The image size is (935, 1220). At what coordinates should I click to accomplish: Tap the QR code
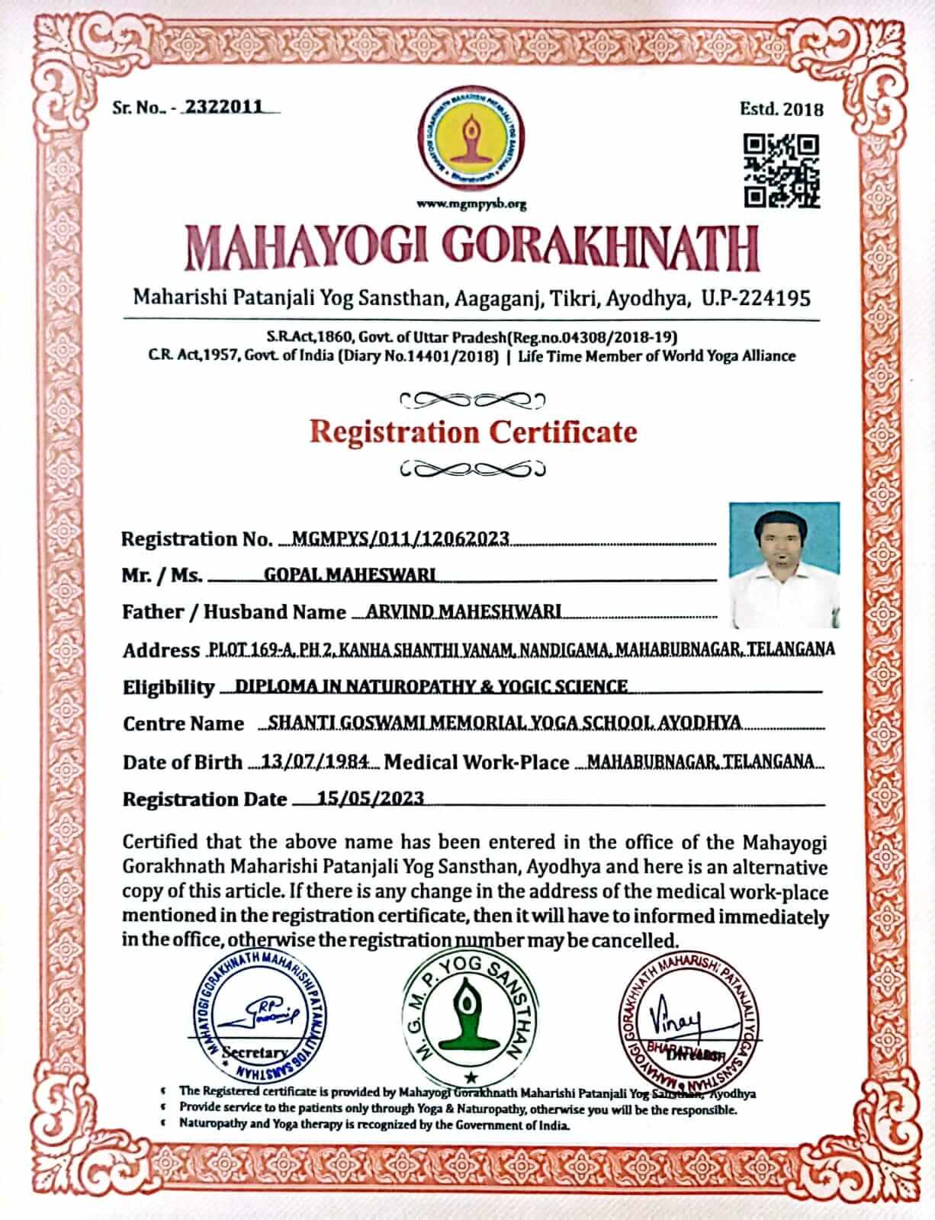pos(782,171)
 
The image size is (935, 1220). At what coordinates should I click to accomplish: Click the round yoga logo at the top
pos(471,145)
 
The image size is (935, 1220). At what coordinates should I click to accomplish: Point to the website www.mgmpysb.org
pos(471,204)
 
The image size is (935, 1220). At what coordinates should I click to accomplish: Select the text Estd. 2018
pos(782,109)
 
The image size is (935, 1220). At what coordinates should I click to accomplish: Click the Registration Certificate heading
pos(473,432)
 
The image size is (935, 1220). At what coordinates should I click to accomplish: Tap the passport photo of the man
pos(784,564)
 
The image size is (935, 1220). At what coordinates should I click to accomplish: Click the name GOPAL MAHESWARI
pos(349,575)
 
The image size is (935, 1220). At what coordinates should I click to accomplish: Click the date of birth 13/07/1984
pos(316,761)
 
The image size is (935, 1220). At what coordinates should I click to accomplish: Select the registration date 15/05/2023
pos(371,798)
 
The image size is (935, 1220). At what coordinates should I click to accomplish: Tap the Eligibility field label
pos(169,687)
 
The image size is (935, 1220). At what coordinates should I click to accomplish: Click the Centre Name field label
pos(183,724)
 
